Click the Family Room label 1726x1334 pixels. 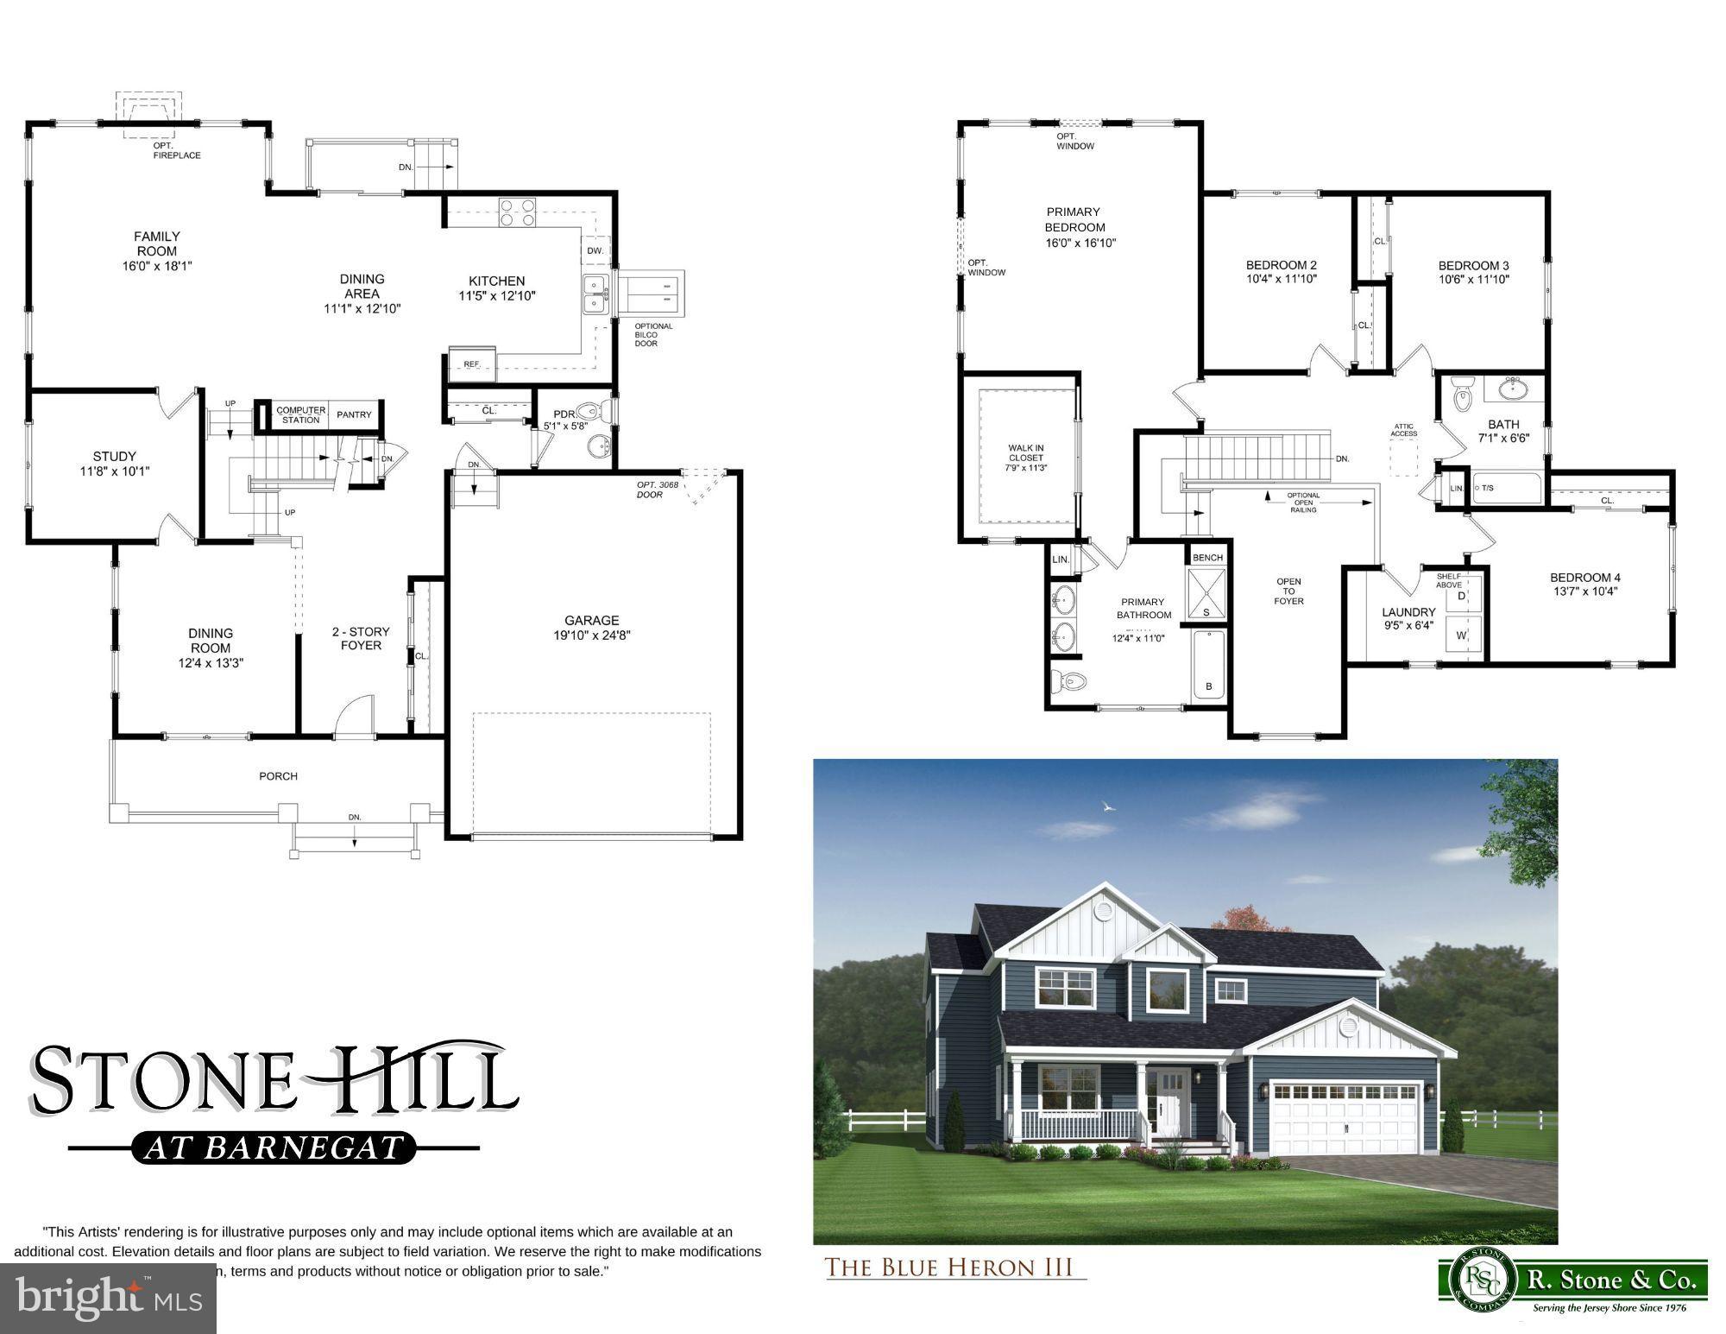157,243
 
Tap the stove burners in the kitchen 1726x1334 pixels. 516,212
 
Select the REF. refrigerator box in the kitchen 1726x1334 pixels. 472,364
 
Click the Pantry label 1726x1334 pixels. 354,414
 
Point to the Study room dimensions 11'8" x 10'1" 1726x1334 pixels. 115,471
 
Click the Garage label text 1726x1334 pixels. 592,620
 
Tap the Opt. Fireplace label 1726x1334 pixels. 177,150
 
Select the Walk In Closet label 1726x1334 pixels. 1026,458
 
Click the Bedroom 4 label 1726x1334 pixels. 1585,578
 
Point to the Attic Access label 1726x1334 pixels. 1404,429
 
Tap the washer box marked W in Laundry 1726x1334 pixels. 1462,635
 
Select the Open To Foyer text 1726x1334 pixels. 1288,591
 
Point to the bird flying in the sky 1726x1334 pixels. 1108,807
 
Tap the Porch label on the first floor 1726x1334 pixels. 278,776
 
